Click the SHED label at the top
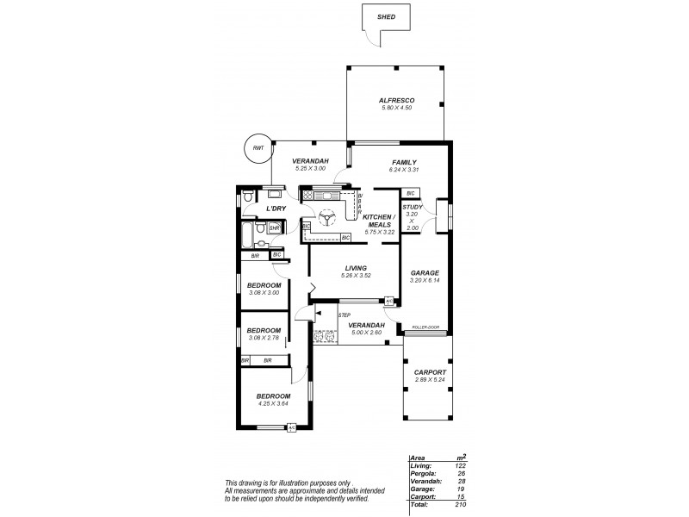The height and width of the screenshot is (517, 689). [388, 16]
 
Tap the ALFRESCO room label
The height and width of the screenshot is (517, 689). [396, 100]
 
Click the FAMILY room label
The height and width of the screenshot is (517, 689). [404, 162]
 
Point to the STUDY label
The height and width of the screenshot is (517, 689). [412, 207]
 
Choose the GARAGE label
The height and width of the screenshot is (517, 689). [425, 271]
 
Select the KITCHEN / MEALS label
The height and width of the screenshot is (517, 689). [379, 221]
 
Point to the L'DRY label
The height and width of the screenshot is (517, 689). [276, 209]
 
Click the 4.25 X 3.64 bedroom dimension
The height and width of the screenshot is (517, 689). [273, 404]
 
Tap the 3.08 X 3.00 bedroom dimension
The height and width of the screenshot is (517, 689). [264, 293]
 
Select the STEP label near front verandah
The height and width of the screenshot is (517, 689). [344, 315]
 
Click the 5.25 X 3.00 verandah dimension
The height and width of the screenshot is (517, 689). [307, 170]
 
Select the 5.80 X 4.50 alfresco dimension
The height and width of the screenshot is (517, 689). [396, 108]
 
